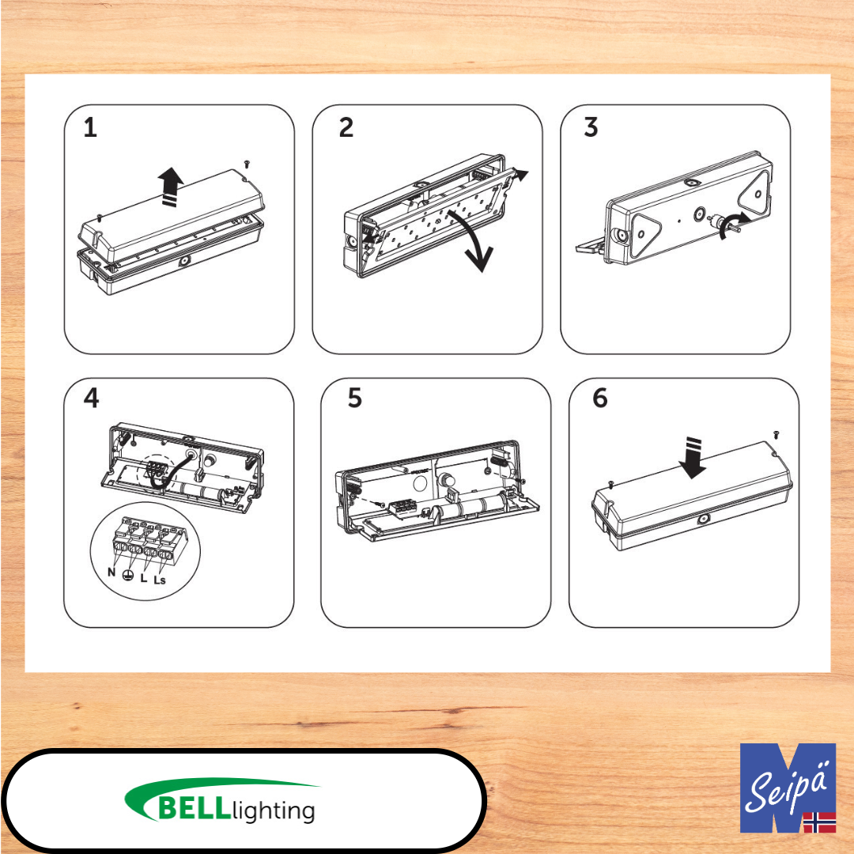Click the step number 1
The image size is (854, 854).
(x=90, y=128)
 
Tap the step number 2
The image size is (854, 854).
(x=346, y=127)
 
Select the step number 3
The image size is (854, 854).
(x=591, y=127)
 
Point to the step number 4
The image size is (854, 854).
(x=91, y=398)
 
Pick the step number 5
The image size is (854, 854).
(x=354, y=398)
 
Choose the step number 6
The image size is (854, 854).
(x=599, y=398)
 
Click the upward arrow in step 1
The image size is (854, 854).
(x=171, y=187)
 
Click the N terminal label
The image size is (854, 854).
(x=111, y=572)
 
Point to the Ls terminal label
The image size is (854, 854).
(x=159, y=580)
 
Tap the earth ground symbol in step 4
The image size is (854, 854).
(x=128, y=575)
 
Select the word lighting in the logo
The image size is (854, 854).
(x=274, y=811)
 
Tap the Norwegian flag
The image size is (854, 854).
(x=820, y=822)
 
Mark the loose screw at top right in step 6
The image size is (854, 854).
(x=777, y=434)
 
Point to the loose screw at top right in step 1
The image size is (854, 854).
(x=247, y=164)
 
